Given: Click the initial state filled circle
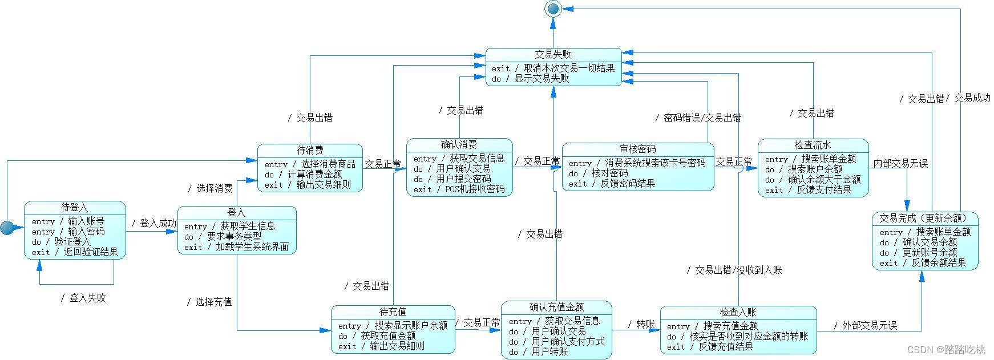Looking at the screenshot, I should click(x=7, y=228).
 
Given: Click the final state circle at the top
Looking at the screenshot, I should click(x=553, y=8).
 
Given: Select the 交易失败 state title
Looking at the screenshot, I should click(x=553, y=55).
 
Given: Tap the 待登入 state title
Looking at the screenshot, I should click(x=75, y=208).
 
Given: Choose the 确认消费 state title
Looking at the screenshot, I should click(x=459, y=145).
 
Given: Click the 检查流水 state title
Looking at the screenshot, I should click(x=813, y=145).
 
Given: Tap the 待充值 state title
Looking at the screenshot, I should click(x=393, y=312).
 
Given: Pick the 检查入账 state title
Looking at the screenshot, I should click(x=738, y=313).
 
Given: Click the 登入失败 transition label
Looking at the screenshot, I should click(x=84, y=298).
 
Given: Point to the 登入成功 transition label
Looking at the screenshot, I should click(x=153, y=224).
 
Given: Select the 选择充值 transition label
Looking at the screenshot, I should click(x=209, y=302).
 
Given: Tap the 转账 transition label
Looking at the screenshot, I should click(x=641, y=325).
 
